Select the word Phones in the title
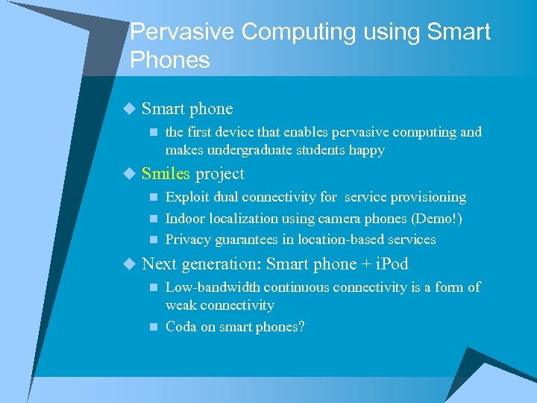pyautogui.click(x=170, y=60)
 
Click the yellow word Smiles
pyautogui.click(x=166, y=174)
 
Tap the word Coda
pyautogui.click(x=181, y=327)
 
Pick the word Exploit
pyautogui.click(x=187, y=198)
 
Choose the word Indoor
pyautogui.click(x=186, y=219)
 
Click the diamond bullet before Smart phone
pyautogui.click(x=130, y=109)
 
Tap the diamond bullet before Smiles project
pyautogui.click(x=130, y=174)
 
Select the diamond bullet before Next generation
pyautogui.click(x=130, y=264)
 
